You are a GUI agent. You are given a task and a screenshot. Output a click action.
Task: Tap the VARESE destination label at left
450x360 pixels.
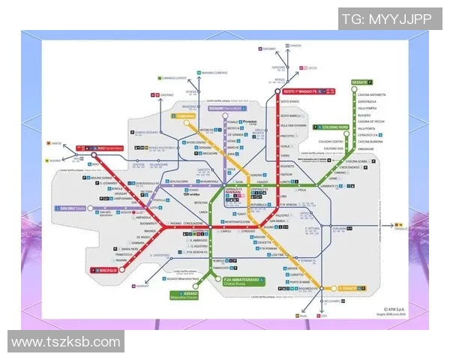[x=56, y=142]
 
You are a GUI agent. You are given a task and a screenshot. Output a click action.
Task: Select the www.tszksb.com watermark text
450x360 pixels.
[x=66, y=342]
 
